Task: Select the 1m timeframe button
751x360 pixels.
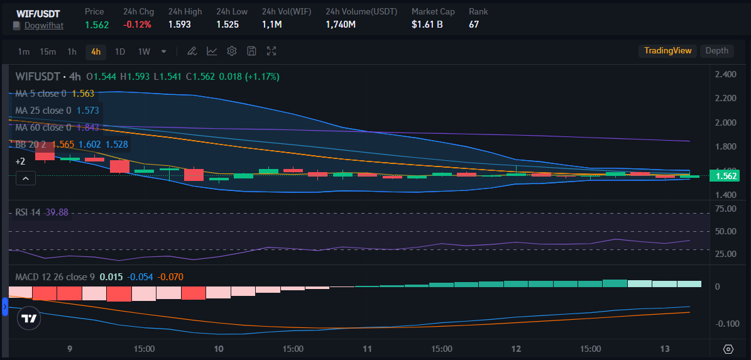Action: coord(24,52)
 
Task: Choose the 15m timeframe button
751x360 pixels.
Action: coord(48,52)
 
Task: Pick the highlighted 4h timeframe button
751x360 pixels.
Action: coord(96,52)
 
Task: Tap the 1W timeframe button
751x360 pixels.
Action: coord(144,52)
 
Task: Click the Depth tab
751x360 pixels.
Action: coord(716,51)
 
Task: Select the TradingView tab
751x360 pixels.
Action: coord(667,51)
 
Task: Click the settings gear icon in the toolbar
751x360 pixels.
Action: coord(232,51)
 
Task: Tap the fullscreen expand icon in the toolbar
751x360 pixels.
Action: coord(271,51)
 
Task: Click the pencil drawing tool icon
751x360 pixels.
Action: coord(192,51)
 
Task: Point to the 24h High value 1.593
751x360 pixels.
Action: coord(180,25)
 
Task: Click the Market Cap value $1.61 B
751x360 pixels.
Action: coord(427,25)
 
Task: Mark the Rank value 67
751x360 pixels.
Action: coord(474,25)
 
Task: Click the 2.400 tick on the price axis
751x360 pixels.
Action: coord(726,75)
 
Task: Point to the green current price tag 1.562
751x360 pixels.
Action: coord(726,177)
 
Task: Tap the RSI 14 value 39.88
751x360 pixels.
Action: coord(56,212)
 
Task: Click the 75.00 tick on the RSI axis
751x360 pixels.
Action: coord(726,209)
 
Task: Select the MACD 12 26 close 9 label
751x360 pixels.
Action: coord(55,277)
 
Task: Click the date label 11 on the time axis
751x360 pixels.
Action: coord(368,349)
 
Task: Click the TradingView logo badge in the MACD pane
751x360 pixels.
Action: coord(29,319)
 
